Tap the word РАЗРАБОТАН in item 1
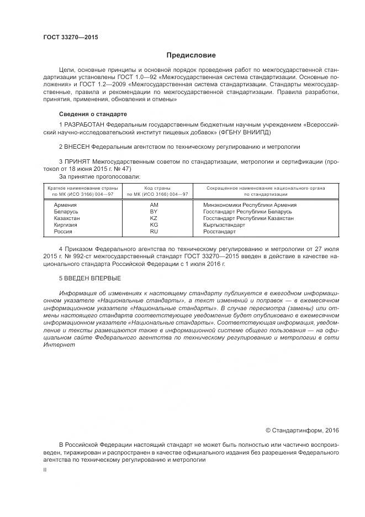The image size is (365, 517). coord(84,126)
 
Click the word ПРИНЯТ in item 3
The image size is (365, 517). coord(77,162)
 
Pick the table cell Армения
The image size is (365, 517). coord(65,205)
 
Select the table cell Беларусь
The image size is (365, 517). coord(66,211)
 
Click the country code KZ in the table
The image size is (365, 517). coord(154,218)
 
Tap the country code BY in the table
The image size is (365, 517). coord(154,211)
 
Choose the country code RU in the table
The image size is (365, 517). coord(154,232)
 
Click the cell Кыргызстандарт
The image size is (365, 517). coord(225,225)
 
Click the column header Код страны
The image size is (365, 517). coord(157,189)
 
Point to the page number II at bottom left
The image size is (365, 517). coord(45,469)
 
